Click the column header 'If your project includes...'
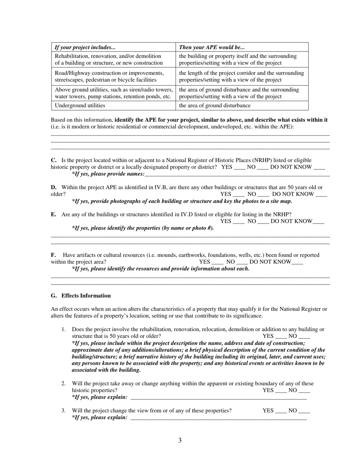[x=85, y=47]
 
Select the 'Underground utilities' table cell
[x=80, y=106]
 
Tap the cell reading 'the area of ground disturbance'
[x=214, y=106]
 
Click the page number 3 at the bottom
[x=180, y=440]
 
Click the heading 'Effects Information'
[x=86, y=296]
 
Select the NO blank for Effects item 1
[x=304, y=336]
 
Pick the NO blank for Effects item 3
[x=304, y=411]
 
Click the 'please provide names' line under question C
[x=237, y=174]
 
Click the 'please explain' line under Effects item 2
[x=218, y=398]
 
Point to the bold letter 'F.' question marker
[x=53, y=255]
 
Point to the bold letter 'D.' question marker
[x=54, y=188]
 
